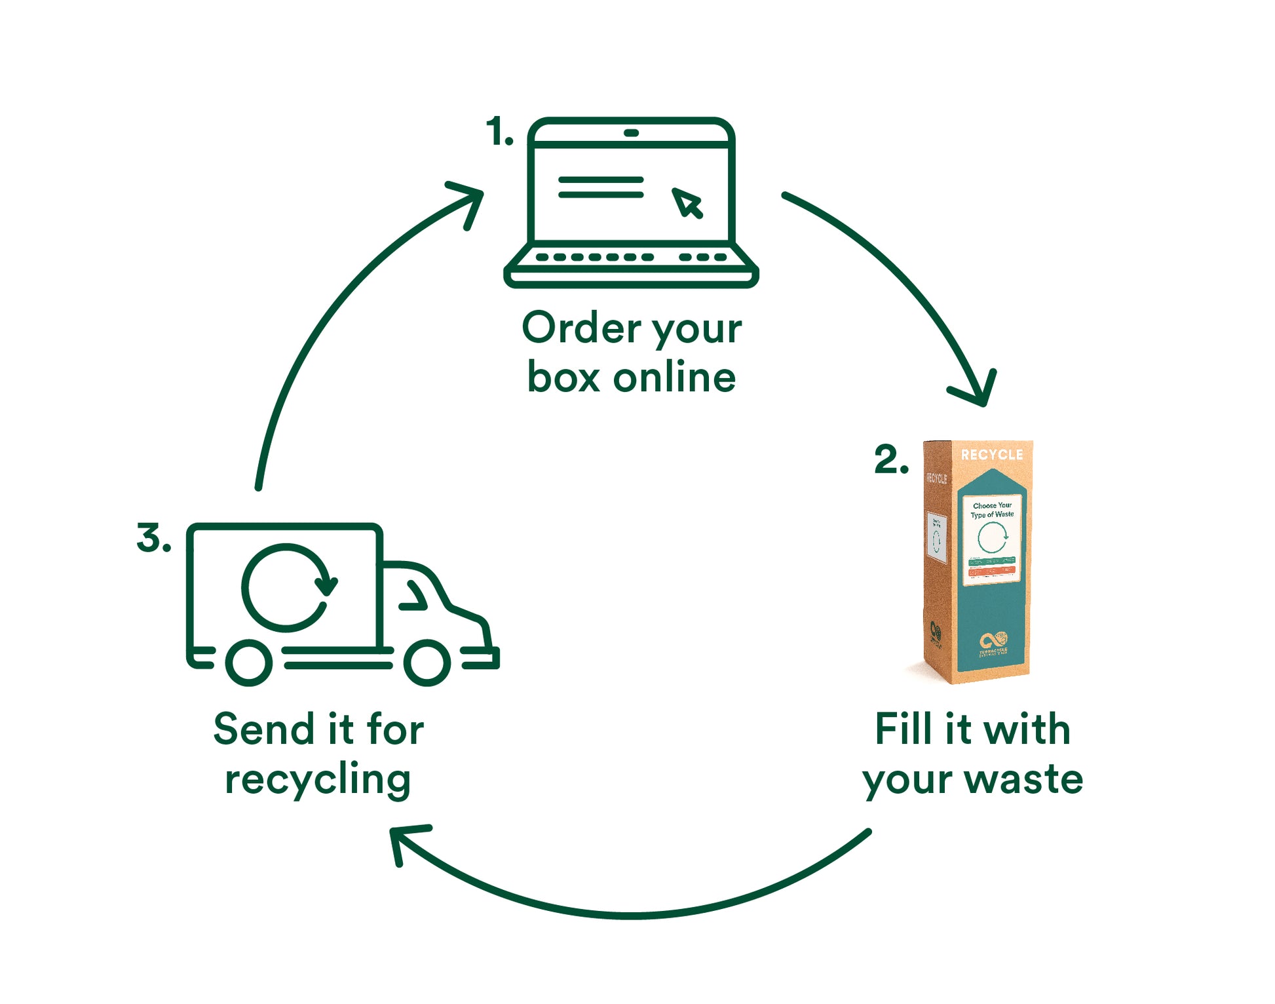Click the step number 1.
tap(499, 132)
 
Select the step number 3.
tap(153, 538)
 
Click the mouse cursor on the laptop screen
tap(687, 203)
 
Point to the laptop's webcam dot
tap(631, 133)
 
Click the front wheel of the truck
tap(427, 662)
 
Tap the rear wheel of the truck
tap(249, 662)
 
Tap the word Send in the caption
tap(264, 729)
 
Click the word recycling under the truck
tap(318, 780)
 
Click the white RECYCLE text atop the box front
tap(991, 455)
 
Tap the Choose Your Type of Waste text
tap(992, 510)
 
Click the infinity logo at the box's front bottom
tap(993, 640)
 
